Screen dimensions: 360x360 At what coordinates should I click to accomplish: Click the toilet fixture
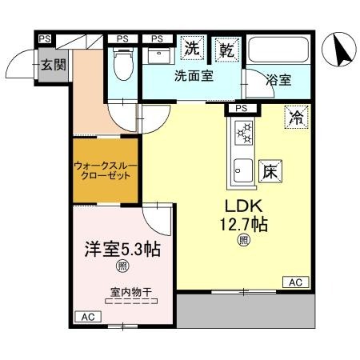[122, 64]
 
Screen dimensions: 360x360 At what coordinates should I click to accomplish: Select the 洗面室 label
[194, 78]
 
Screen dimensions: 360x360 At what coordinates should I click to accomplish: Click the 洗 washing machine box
[192, 48]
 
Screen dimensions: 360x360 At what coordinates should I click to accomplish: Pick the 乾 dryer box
[226, 48]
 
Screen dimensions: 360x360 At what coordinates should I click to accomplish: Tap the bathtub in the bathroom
[277, 51]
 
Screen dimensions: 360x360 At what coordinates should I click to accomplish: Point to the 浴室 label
[278, 80]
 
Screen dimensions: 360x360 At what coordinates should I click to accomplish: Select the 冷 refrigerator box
[296, 118]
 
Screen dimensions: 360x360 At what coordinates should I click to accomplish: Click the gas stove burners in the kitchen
[243, 133]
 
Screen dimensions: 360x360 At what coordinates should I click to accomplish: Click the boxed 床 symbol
[270, 170]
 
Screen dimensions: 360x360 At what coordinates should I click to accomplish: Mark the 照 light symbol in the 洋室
[123, 266]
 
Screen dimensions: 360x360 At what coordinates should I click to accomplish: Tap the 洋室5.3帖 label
[122, 248]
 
